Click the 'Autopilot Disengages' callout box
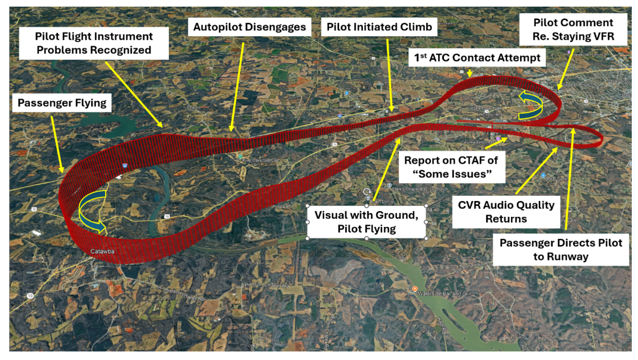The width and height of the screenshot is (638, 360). pyautogui.click(x=249, y=27)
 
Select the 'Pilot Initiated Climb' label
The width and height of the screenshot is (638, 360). pyautogui.click(x=379, y=27)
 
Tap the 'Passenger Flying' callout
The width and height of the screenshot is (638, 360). pyautogui.click(x=62, y=103)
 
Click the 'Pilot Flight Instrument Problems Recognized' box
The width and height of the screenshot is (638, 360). pyautogui.click(x=94, y=43)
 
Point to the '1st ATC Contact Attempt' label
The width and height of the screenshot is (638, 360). pyautogui.click(x=477, y=58)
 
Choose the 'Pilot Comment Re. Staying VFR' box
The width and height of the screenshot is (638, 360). pyautogui.click(x=573, y=29)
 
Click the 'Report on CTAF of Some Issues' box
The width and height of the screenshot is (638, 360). pyautogui.click(x=451, y=167)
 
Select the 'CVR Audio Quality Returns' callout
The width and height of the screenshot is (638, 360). pyautogui.click(x=506, y=212)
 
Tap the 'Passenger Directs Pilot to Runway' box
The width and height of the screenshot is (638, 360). pyautogui.click(x=560, y=250)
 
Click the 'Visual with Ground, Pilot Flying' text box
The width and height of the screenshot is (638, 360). pyautogui.click(x=367, y=222)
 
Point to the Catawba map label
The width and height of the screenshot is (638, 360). pyautogui.click(x=102, y=251)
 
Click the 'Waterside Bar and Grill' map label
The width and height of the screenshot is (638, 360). pyautogui.click(x=445, y=294)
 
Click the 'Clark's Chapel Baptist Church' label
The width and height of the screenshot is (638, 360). pyautogui.click(x=420, y=189)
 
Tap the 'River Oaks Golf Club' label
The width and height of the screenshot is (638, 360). pyautogui.click(x=261, y=160)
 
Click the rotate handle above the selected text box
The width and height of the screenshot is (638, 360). pyautogui.click(x=367, y=192)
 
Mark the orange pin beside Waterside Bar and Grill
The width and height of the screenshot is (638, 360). pyautogui.click(x=414, y=289)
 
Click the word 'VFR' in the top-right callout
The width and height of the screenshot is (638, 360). pyautogui.click(x=602, y=36)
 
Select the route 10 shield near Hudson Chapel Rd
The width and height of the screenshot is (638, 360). pyautogui.click(x=30, y=296)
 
